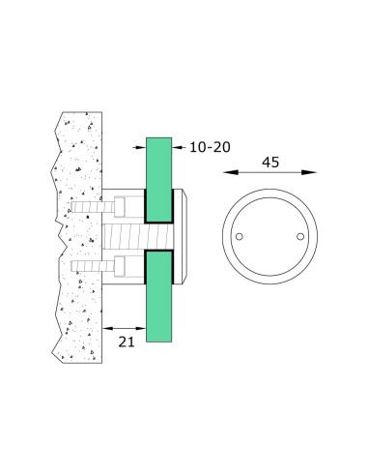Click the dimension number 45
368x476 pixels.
coord(269,162)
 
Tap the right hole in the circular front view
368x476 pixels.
coord(300,236)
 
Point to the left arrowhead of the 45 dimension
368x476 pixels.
coord(229,175)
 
